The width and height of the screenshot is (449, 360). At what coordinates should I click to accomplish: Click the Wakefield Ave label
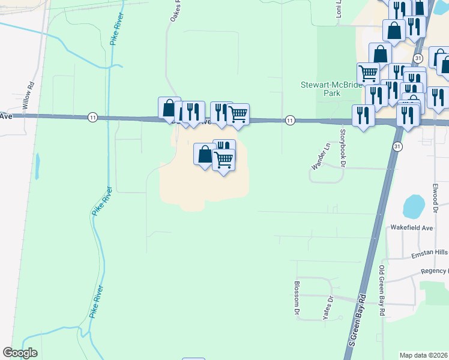pos(412,228)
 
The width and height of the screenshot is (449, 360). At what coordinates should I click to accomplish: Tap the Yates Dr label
pos(328,308)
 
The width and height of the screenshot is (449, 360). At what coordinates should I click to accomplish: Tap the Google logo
pos(20,353)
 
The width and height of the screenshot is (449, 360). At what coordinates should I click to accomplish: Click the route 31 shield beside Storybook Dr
pos(397,146)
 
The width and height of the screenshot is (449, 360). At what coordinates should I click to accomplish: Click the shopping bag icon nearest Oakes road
pos(169,108)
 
